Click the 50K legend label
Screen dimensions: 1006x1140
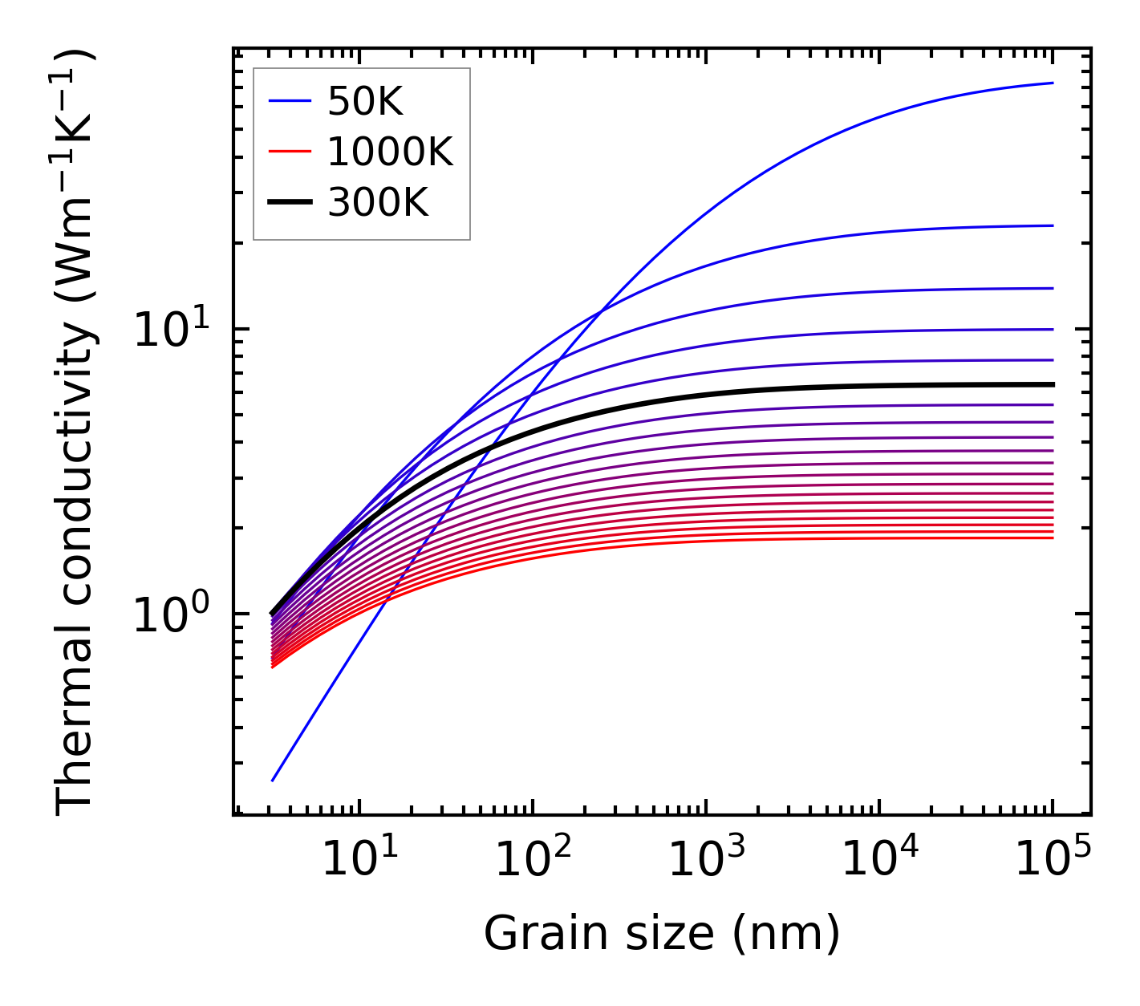365,102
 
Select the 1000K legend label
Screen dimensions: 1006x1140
390,152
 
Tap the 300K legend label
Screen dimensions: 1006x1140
378,202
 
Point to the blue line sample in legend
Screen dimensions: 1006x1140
290,102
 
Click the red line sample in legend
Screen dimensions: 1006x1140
290,152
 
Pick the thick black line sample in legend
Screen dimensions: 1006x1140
290,202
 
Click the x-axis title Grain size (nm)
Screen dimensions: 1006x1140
662,934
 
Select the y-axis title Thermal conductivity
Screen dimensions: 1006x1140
75,431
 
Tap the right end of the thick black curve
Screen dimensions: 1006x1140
1053,384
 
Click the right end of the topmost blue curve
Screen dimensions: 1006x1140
1053,83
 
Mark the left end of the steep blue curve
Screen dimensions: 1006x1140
273,781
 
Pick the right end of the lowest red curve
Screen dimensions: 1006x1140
1053,537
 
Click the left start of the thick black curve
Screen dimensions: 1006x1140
272,614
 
